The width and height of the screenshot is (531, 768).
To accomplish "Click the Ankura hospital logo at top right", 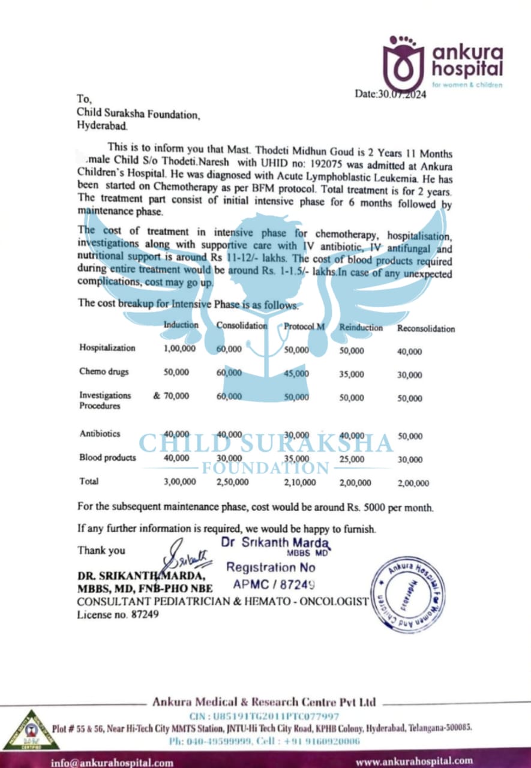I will (x=442, y=62).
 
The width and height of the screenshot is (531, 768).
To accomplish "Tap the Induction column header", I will (x=181, y=325).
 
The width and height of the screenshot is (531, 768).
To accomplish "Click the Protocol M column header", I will (x=305, y=326).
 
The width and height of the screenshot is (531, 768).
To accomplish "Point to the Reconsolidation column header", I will (x=426, y=329).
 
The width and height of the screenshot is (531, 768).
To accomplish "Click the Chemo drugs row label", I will (x=104, y=371).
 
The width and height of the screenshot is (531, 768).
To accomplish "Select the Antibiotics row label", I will (x=100, y=433).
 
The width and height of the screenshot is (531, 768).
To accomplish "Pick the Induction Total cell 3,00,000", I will (x=179, y=481).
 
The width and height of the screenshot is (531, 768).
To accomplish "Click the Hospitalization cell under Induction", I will (x=179, y=348).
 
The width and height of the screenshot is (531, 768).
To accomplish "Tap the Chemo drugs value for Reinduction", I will (x=352, y=374).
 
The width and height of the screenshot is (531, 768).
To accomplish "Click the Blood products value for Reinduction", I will (x=352, y=459).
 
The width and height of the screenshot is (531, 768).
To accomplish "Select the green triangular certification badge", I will (x=29, y=731).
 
